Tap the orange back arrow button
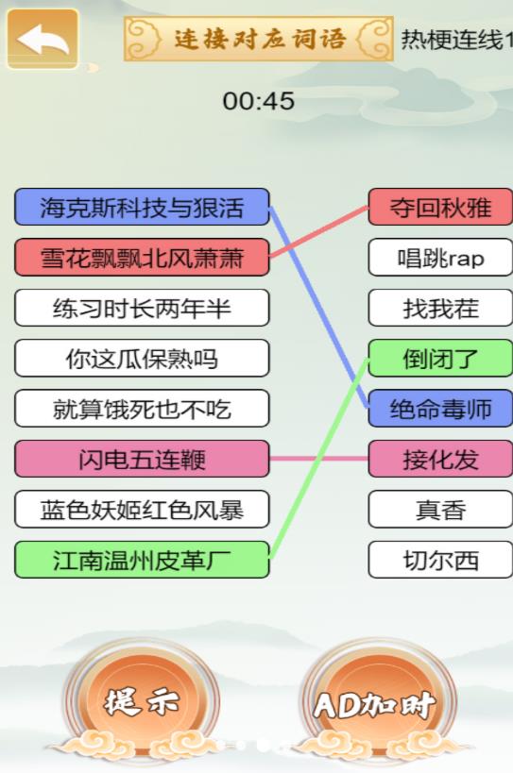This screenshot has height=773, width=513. point(43,39)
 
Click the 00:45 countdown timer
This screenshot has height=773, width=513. point(259,101)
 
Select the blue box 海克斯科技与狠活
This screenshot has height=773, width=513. point(142,207)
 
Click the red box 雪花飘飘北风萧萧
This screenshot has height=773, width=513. point(142,258)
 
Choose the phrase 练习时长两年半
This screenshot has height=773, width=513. point(142,308)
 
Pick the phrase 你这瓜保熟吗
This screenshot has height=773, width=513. point(142,359)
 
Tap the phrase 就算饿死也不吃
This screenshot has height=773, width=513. point(142,409)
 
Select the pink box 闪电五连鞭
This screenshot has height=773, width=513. point(142,459)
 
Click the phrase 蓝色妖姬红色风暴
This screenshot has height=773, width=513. point(142,510)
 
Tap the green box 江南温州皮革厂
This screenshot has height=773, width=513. point(142,560)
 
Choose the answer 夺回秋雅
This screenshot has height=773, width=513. point(440,207)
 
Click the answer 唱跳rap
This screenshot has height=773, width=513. point(440,258)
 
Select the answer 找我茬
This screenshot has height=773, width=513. point(440,308)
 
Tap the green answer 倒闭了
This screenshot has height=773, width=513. point(440,359)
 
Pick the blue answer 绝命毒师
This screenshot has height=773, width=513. point(440,409)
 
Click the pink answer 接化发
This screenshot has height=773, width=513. point(440,459)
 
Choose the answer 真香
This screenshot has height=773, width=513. point(440,510)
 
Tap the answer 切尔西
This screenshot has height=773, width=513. point(440,560)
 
